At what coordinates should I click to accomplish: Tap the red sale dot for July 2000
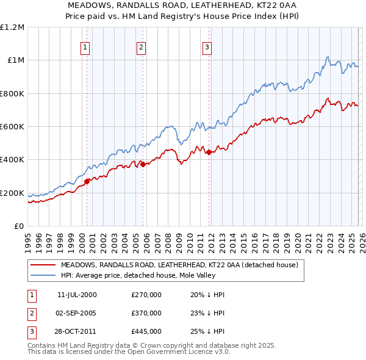coord(87,181)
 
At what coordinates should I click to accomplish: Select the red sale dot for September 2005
coord(143,164)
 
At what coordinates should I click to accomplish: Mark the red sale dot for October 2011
coord(209,153)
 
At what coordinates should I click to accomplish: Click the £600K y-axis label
coord(12,127)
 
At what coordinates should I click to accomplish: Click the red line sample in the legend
coord(43,265)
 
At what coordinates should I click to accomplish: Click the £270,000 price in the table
coord(146,295)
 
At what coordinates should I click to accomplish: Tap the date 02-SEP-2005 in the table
coord(77,313)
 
